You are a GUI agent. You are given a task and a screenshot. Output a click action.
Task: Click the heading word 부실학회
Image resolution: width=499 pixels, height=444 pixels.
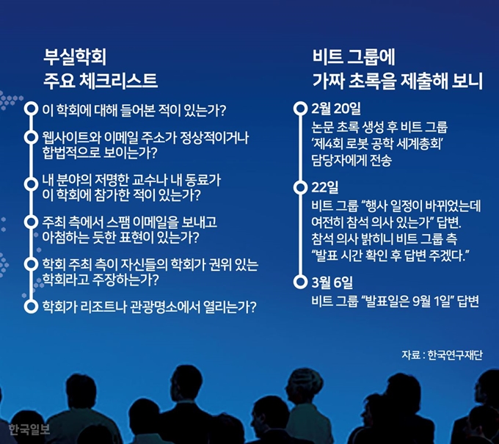pyautogui.click(x=74, y=57)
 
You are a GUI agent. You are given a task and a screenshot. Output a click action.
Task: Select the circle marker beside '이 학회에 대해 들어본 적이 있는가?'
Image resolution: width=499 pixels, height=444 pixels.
pyautogui.click(x=31, y=109)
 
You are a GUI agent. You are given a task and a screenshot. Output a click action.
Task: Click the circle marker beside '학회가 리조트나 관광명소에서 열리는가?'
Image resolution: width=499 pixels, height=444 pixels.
pyautogui.click(x=31, y=306)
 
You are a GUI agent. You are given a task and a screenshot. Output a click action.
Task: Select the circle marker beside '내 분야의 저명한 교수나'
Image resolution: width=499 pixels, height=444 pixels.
pyautogui.click(x=31, y=184)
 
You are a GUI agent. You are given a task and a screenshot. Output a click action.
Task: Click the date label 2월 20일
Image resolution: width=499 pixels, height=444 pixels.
pyautogui.click(x=336, y=109)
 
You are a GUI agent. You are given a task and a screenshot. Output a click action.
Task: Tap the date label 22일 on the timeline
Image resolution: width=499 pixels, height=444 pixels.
pyautogui.click(x=324, y=187)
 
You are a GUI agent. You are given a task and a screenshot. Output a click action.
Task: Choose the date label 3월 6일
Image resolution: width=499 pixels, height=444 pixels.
pyautogui.click(x=332, y=282)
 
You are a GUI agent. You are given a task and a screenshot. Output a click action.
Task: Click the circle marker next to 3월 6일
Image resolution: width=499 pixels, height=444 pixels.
pyautogui.click(x=300, y=282)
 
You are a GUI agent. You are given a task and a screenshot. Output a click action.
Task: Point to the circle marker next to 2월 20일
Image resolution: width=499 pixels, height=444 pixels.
pyautogui.click(x=300, y=109)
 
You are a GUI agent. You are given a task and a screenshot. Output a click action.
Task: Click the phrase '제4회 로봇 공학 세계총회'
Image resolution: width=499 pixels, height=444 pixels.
pyautogui.click(x=378, y=144)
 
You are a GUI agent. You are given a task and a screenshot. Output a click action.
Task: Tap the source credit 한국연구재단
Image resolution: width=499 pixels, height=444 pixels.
pyautogui.click(x=455, y=355)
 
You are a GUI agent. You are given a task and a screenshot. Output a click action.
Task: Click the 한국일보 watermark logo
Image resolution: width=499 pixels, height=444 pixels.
pyautogui.click(x=29, y=429)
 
